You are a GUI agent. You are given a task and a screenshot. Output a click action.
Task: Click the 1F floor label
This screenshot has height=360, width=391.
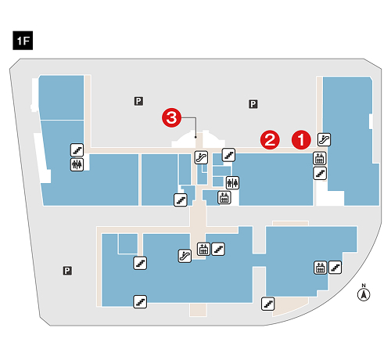23,41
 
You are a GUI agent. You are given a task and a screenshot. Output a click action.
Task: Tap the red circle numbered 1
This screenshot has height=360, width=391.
301,139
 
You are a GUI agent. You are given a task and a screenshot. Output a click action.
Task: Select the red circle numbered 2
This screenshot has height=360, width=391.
270,140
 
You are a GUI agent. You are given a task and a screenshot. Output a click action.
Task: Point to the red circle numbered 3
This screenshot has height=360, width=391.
171,117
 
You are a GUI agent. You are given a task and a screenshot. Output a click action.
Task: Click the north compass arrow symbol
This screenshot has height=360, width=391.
364,295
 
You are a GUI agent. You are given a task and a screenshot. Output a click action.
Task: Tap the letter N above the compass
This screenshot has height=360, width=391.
364,286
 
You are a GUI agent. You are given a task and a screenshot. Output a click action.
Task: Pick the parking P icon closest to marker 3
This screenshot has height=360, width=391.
138,101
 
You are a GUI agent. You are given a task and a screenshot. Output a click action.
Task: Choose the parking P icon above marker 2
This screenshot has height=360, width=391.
253,104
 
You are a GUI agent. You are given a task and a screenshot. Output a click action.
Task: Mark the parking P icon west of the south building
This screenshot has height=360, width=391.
67,271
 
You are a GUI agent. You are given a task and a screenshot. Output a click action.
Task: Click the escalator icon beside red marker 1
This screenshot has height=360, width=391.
324,139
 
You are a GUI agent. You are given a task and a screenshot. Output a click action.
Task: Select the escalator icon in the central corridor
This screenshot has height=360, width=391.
201,157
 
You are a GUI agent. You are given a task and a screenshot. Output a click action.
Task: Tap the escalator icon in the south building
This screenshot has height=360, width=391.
185,256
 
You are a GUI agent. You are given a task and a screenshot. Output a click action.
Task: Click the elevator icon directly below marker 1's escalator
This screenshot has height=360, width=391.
320,158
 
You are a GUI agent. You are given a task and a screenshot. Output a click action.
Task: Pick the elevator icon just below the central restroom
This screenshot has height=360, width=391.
224,197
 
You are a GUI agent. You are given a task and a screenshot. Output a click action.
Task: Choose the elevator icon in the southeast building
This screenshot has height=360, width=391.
321,268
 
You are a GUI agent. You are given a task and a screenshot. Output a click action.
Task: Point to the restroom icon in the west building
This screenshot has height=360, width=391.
77,164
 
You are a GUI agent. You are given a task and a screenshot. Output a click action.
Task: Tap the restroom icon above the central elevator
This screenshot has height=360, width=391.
232,183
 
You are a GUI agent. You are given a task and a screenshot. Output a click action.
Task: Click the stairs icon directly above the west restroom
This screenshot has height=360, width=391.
77,150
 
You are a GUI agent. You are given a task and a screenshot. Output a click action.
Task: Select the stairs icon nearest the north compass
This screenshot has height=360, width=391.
335,268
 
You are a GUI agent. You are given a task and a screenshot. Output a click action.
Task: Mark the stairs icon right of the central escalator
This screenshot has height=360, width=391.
228,155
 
